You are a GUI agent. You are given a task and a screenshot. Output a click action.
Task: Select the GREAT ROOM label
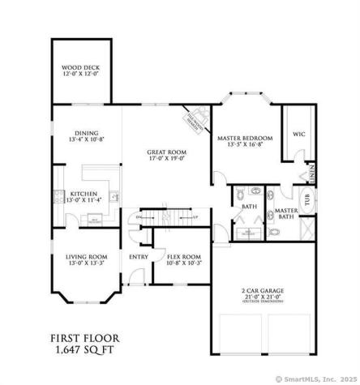tap(168, 152)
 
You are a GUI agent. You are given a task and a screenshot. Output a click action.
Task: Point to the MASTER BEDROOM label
tap(245, 139)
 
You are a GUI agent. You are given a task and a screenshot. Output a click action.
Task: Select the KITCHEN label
tap(84, 194)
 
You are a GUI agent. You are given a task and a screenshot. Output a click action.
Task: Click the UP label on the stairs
tap(195, 218)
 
